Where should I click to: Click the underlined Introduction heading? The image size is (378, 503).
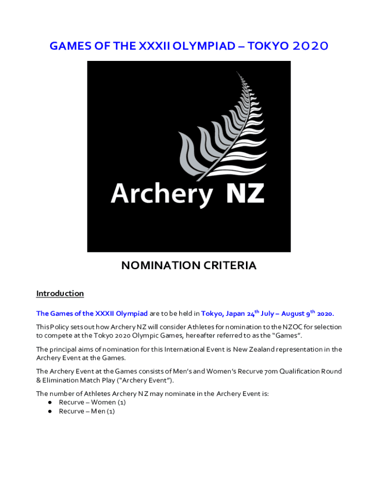click(60, 294)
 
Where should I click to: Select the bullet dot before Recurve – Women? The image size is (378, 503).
click(50, 402)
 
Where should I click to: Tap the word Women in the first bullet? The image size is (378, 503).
click(104, 402)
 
